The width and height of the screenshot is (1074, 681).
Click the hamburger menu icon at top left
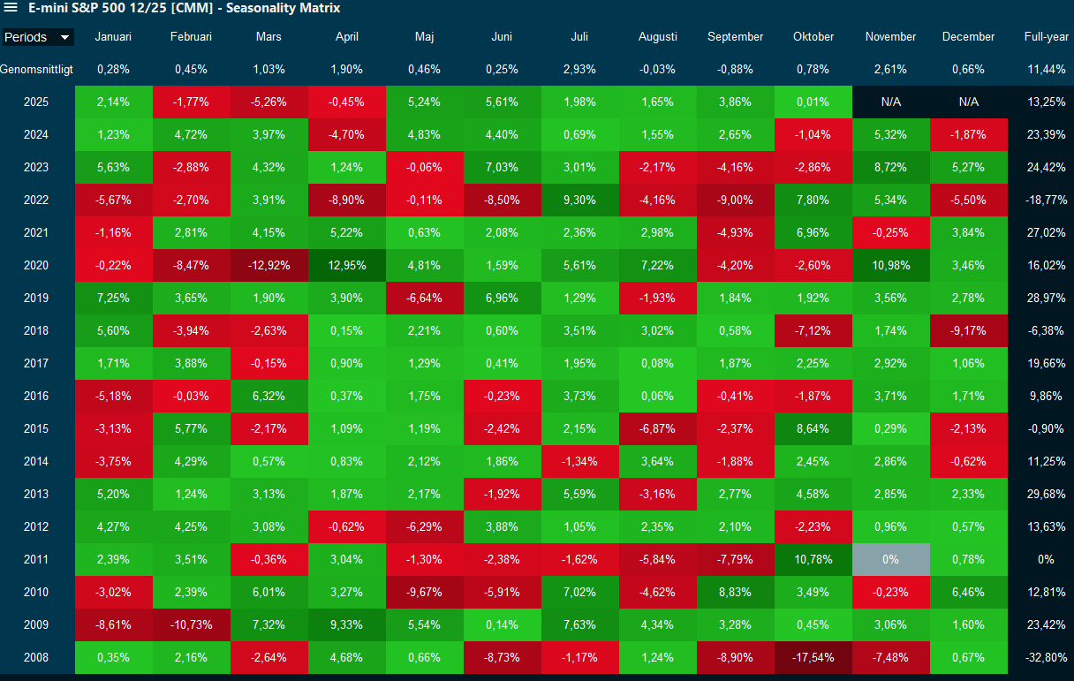pos(11,8)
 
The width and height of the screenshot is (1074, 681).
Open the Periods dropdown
pos(37,37)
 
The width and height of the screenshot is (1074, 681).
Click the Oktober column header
pos(813,37)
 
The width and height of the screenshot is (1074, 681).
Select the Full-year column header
pos(1046,37)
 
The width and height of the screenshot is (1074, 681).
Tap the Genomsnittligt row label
pos(36,69)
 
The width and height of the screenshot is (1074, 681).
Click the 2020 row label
pos(36,265)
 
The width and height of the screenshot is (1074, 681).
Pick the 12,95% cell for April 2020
pos(347,265)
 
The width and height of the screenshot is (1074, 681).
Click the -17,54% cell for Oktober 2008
pos(813,657)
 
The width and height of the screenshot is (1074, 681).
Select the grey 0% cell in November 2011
pos(890,559)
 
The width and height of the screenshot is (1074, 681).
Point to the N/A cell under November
pos(890,102)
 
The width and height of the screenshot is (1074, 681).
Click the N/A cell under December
pos(968,102)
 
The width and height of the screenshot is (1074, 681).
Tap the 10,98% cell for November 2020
pos(890,265)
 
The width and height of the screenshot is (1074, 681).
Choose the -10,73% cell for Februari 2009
pos(192,624)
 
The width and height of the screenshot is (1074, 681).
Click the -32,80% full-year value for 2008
pos(1046,657)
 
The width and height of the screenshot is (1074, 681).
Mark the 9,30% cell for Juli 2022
pos(580,200)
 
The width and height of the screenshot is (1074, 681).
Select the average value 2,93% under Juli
pos(580,69)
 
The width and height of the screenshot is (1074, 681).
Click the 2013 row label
pos(36,494)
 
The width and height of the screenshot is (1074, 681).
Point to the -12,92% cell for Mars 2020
pos(269,265)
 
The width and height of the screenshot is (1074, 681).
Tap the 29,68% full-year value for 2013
pos(1046,494)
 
